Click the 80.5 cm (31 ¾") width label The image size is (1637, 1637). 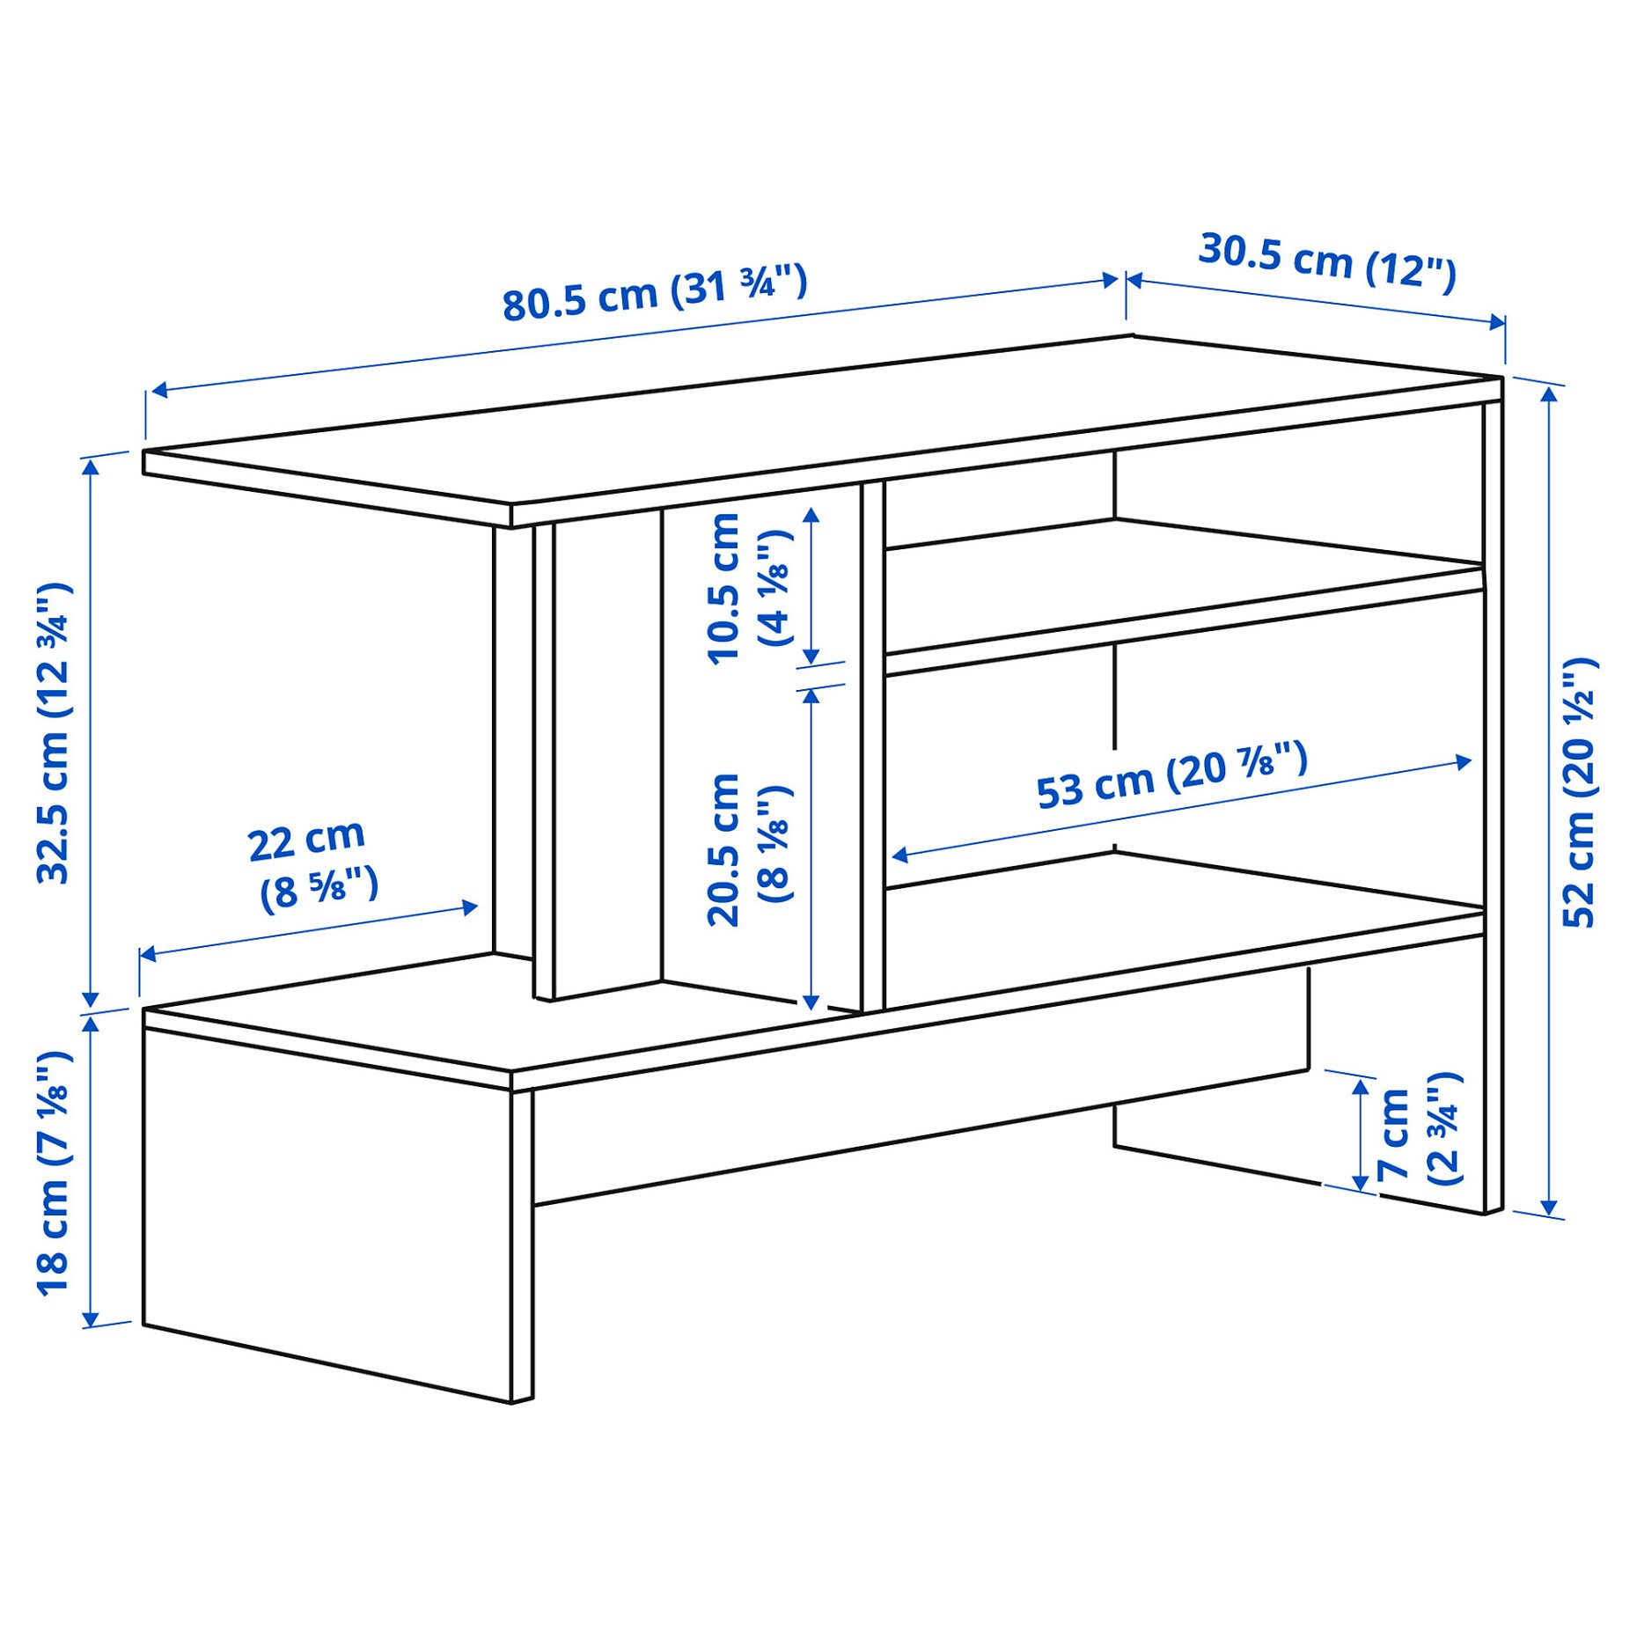(x=654, y=293)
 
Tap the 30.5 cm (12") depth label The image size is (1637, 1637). (x=1327, y=261)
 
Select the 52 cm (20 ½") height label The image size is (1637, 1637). (x=1580, y=792)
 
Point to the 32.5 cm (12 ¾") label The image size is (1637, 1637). (x=53, y=732)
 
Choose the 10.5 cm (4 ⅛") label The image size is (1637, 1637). (x=749, y=588)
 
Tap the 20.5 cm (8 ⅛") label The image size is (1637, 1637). (x=749, y=849)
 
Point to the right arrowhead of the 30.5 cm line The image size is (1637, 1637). (x=1497, y=323)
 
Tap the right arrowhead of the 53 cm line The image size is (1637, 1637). (x=1464, y=761)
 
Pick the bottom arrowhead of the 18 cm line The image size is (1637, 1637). (x=90, y=1319)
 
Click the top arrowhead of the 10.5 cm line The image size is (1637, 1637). (x=811, y=514)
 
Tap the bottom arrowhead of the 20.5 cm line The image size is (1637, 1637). (x=811, y=1002)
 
